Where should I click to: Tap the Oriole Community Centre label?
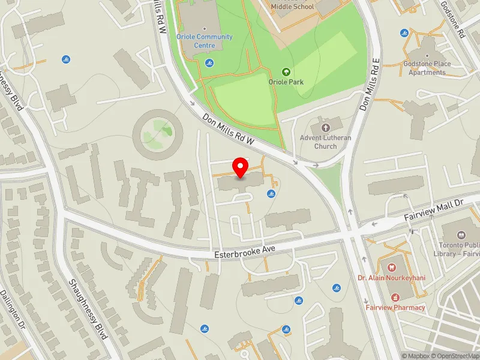tap(204, 40)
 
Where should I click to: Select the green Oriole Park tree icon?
tap(286, 71)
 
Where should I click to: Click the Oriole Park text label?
tap(286, 82)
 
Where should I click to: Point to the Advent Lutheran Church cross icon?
tap(326, 128)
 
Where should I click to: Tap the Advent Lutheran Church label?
tap(326, 142)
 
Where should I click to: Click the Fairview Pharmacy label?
tap(395, 307)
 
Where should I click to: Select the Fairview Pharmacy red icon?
tap(395, 296)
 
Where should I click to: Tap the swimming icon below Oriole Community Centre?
tap(209, 62)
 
